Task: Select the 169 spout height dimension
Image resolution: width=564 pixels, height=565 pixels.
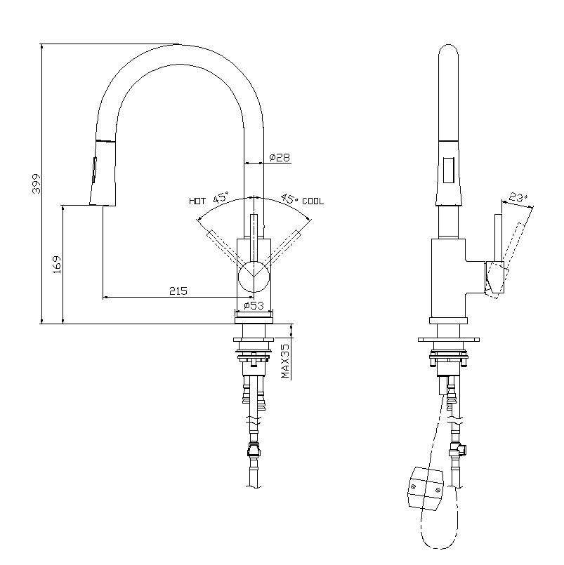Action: click(x=58, y=264)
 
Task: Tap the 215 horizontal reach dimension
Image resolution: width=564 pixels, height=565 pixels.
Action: click(x=178, y=291)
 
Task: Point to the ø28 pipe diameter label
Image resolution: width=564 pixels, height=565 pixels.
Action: click(x=280, y=158)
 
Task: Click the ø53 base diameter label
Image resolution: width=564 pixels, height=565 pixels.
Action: click(x=253, y=306)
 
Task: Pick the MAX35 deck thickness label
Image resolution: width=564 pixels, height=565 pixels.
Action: click(x=286, y=361)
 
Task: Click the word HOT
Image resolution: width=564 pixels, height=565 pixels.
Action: click(x=197, y=201)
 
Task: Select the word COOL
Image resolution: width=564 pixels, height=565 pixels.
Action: click(x=313, y=201)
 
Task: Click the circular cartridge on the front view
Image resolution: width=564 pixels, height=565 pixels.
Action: click(x=253, y=276)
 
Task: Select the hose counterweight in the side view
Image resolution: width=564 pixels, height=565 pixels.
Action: click(x=425, y=487)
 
